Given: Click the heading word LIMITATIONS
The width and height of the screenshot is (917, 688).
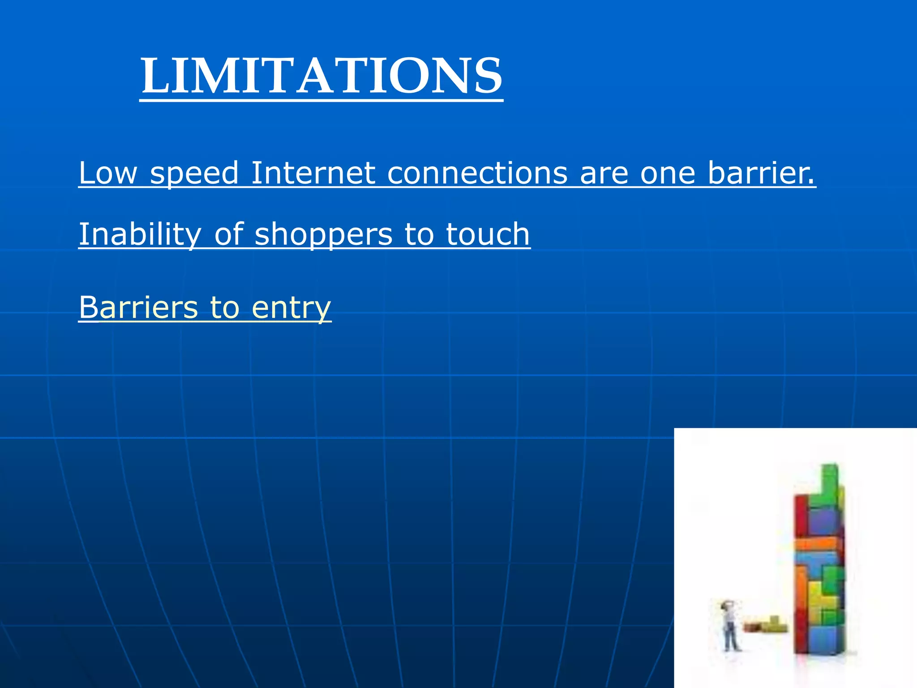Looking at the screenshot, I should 321,76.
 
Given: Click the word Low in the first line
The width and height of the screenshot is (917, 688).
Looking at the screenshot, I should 108,173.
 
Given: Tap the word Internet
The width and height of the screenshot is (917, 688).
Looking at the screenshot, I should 313,173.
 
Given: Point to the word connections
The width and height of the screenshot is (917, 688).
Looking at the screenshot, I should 477,173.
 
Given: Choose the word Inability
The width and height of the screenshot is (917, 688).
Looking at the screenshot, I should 140,235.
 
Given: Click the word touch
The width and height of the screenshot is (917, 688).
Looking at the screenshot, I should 488,234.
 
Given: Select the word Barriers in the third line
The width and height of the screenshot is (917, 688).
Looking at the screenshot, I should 138,308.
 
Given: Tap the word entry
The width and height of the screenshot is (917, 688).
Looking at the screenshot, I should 291,309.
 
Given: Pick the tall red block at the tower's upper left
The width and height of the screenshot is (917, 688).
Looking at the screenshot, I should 802,515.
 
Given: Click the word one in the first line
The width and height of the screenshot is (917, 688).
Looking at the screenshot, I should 668,173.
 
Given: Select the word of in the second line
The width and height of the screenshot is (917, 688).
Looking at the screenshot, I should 228,234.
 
